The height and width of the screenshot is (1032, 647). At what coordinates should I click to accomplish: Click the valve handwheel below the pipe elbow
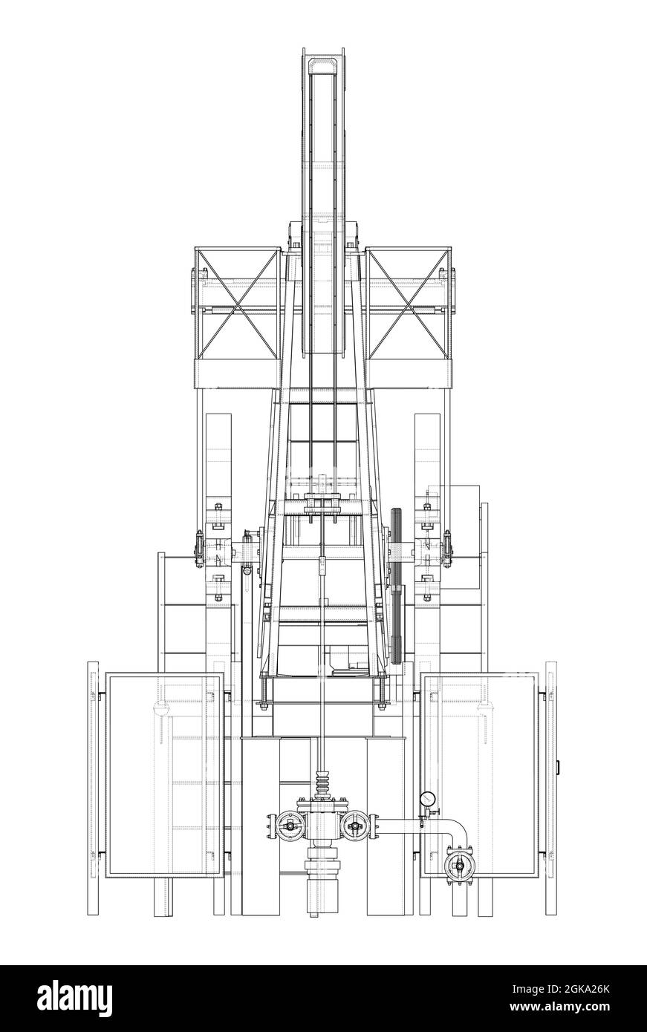click(x=458, y=866)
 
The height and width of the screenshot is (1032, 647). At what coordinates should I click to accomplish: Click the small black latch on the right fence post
click(x=559, y=765)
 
